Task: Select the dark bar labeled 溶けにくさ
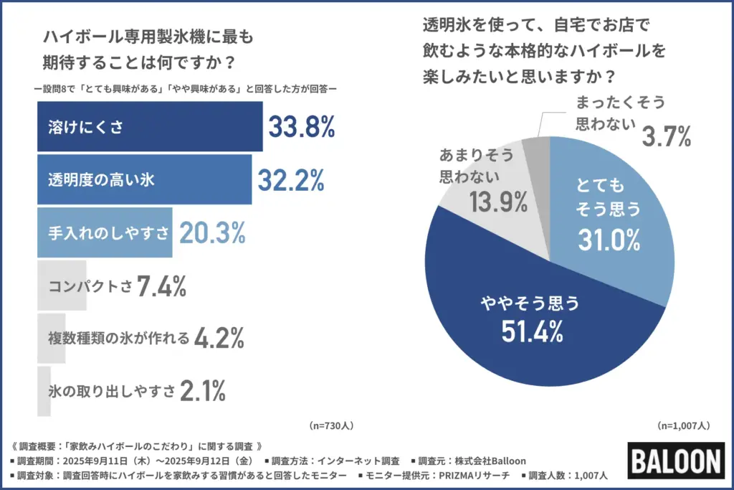pyautogui.click(x=149, y=127)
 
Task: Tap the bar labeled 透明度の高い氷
pyautogui.click(x=143, y=180)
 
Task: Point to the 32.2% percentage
pyautogui.click(x=291, y=180)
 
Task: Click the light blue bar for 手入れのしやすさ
pyautogui.click(x=104, y=232)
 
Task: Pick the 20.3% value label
pyautogui.click(x=212, y=232)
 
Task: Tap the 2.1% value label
pyautogui.click(x=203, y=391)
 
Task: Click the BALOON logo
pyautogui.click(x=676, y=460)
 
